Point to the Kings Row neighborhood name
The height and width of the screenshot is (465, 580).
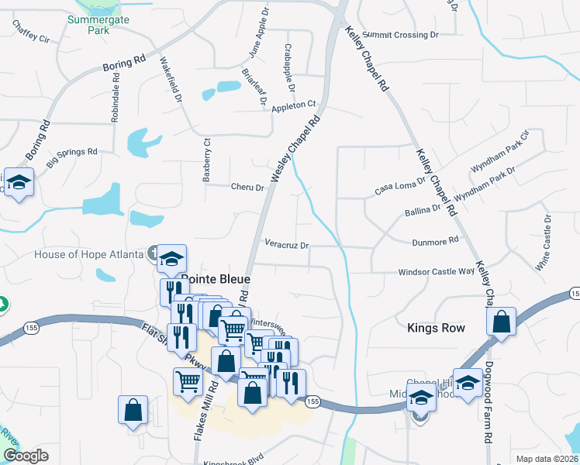437,329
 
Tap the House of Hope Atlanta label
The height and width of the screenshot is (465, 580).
88,254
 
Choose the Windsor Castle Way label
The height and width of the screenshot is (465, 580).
436,272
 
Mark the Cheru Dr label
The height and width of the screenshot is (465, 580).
247,187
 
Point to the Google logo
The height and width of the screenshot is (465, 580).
26,456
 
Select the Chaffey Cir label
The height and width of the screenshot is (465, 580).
31,29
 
